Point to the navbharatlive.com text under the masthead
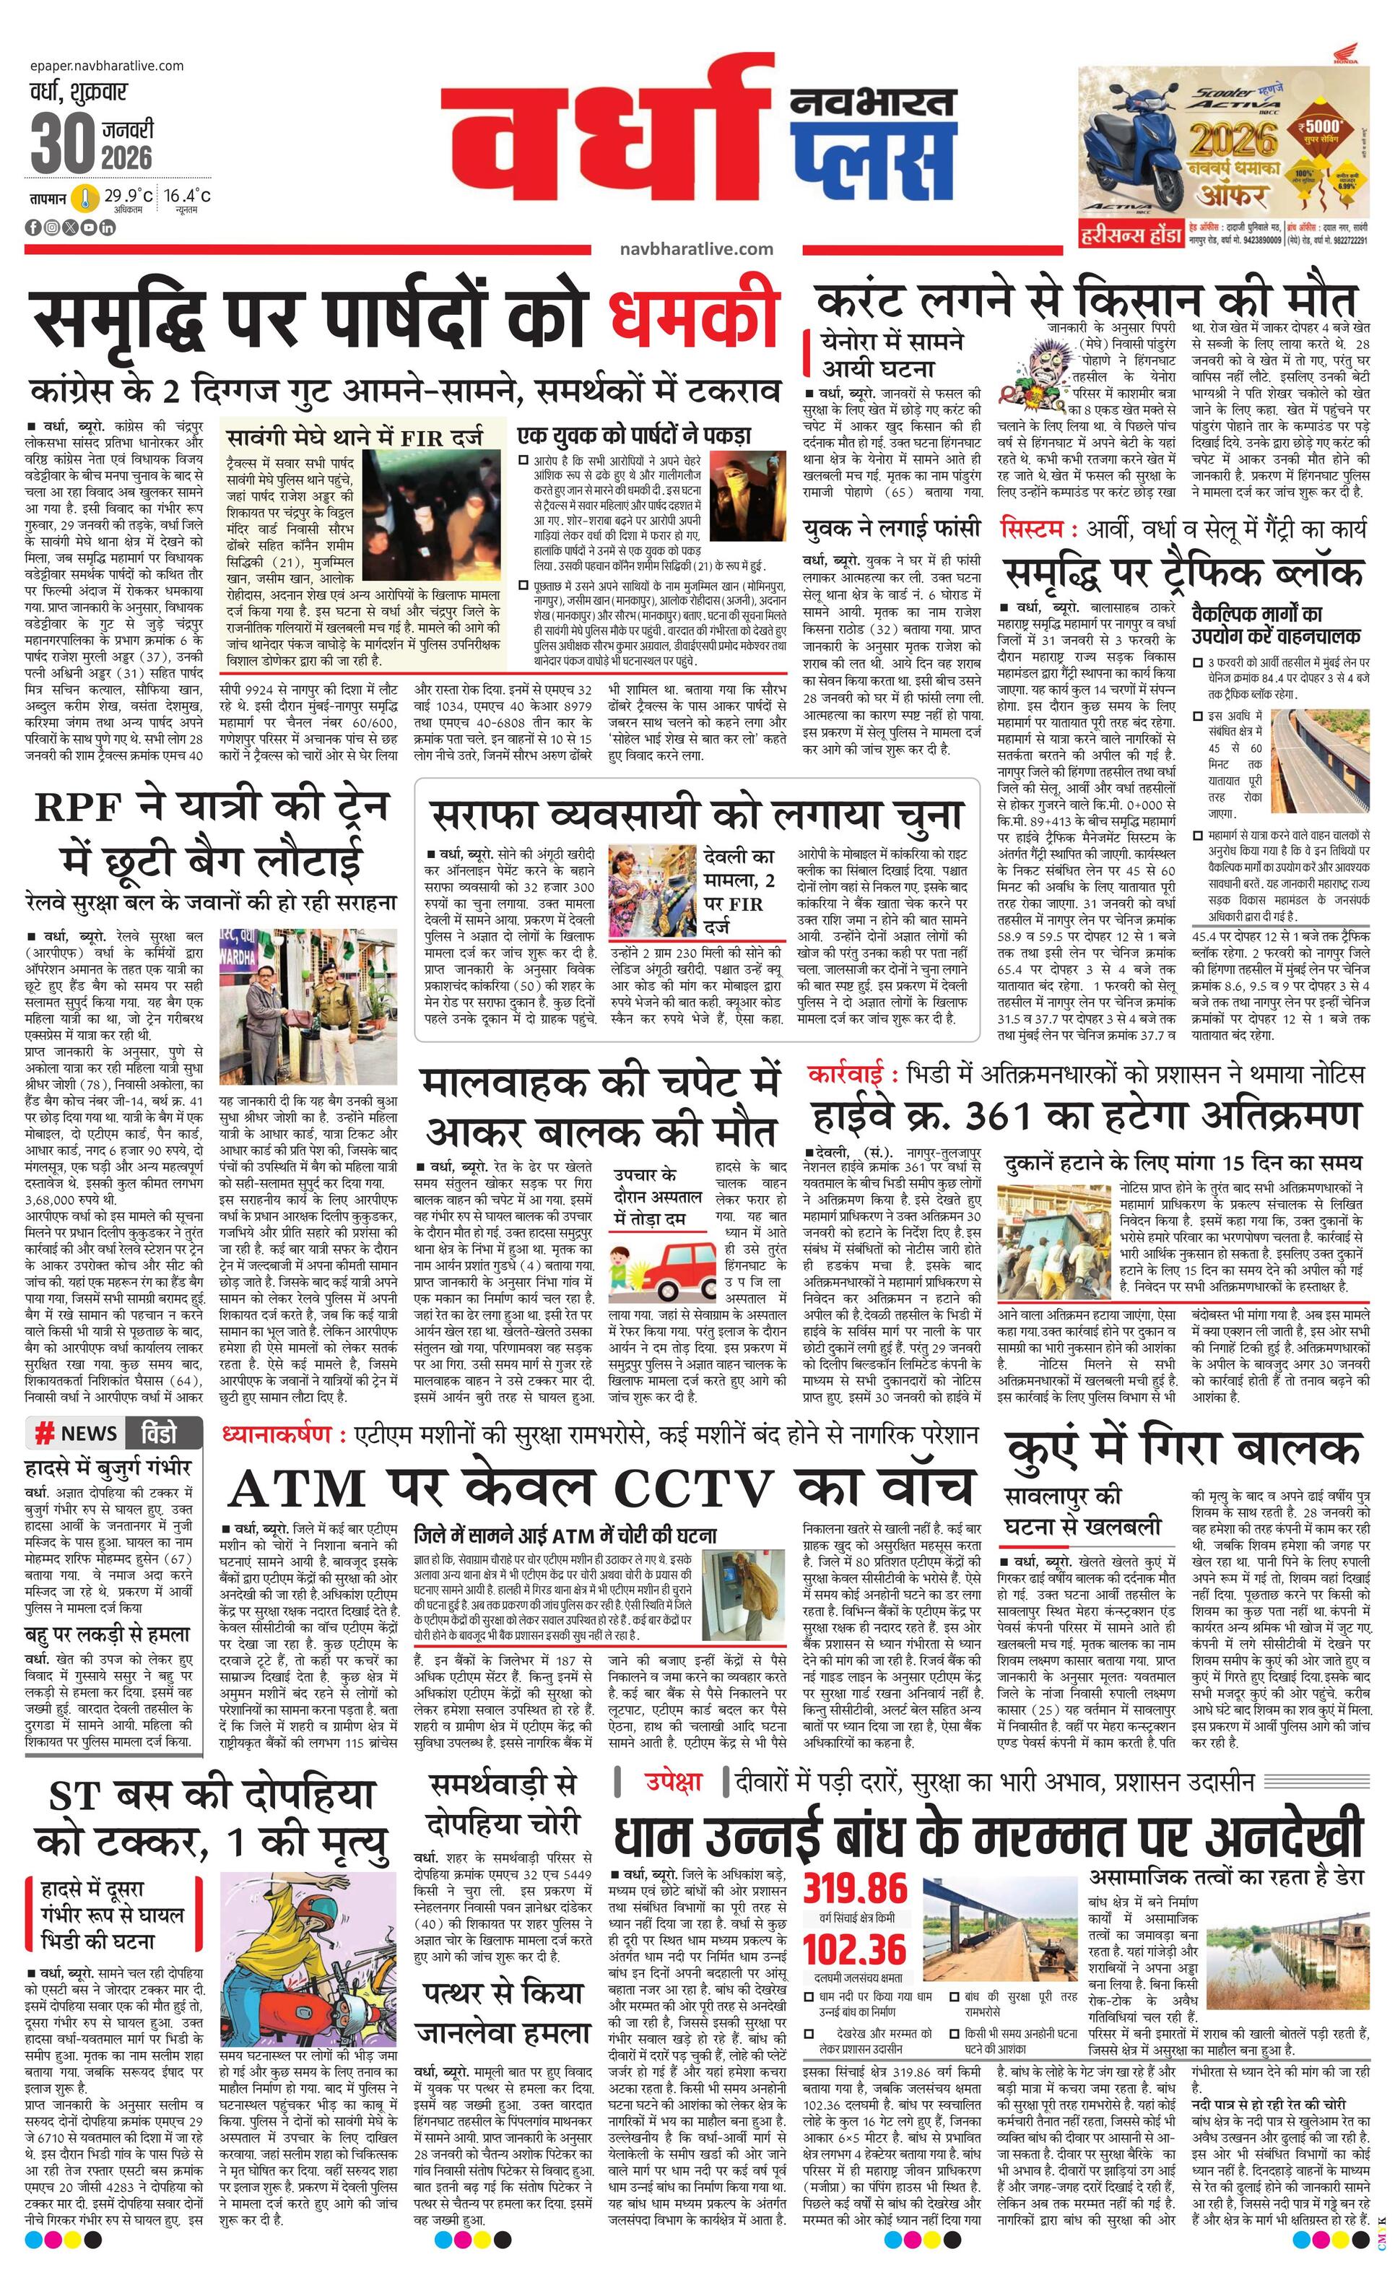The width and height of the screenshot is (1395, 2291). coord(696,248)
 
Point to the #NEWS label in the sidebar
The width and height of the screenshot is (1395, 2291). coord(77,1433)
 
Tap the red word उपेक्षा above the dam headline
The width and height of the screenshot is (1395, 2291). coord(674,1782)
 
